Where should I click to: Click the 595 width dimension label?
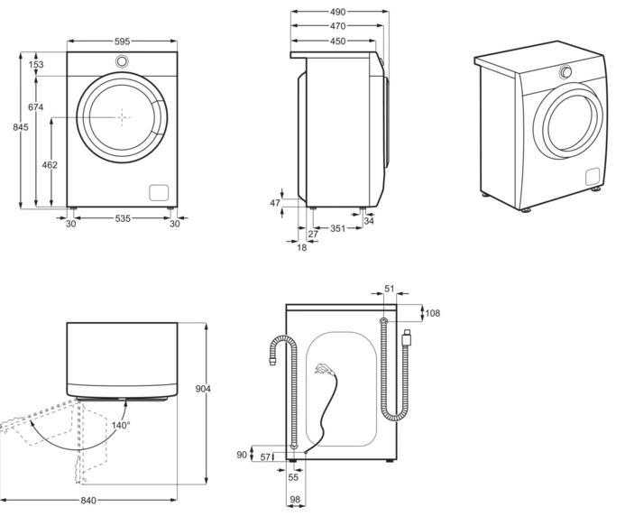[122, 41]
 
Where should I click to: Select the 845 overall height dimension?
[21, 127]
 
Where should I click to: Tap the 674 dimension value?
[35, 106]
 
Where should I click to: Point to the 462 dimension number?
[50, 164]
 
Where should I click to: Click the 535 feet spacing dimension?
[123, 218]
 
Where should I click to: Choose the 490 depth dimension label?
[337, 12]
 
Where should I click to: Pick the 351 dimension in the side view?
[337, 228]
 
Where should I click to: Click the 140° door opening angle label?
[121, 425]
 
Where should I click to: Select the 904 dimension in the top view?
[203, 389]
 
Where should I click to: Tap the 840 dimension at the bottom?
[88, 500]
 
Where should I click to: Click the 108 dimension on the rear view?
[433, 313]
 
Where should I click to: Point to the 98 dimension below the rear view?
[295, 499]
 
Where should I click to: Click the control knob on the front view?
[122, 61]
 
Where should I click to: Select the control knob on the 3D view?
[565, 72]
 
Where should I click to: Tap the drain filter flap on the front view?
[159, 192]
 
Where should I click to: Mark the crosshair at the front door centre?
[122, 117]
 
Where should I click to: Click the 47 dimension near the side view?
[275, 203]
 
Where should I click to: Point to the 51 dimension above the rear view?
[389, 289]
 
